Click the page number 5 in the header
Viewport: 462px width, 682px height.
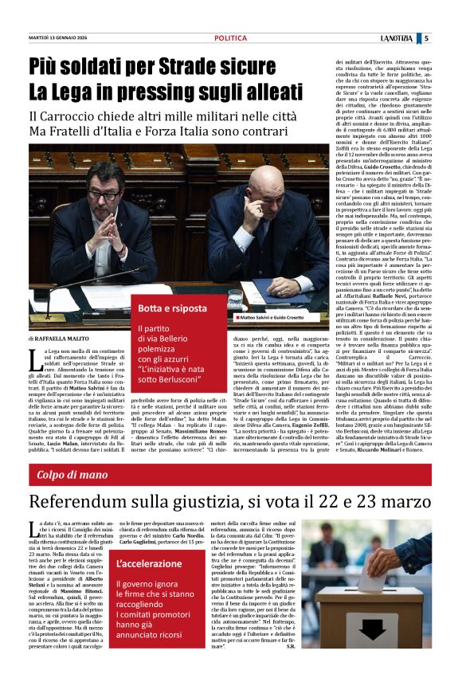click(426, 37)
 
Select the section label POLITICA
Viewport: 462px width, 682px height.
click(230, 37)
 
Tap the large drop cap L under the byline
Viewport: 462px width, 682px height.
click(34, 361)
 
